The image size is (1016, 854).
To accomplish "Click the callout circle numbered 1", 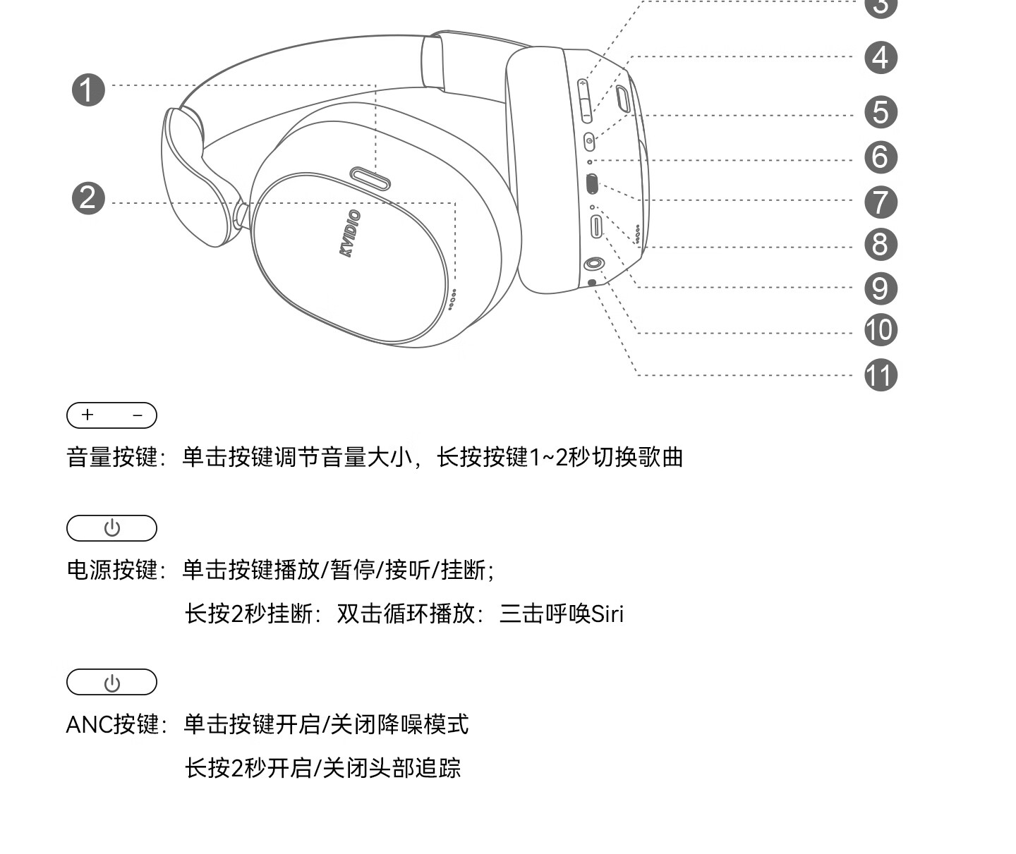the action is click(88, 91).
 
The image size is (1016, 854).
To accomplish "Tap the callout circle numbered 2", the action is click(88, 198).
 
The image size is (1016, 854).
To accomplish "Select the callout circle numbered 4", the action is click(881, 58).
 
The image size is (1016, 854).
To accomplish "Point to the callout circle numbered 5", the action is click(881, 113).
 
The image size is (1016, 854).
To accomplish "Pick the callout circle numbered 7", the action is click(881, 202).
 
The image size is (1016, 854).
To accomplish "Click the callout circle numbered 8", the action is click(881, 245).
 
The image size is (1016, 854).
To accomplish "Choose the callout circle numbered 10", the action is click(881, 330).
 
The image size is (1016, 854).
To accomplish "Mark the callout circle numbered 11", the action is click(881, 375).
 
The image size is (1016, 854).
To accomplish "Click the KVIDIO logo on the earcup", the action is click(350, 233).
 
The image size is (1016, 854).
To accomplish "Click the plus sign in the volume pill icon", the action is click(87, 415).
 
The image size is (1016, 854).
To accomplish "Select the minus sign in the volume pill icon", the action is click(138, 415).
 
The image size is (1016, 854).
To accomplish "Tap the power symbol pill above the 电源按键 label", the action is click(111, 528).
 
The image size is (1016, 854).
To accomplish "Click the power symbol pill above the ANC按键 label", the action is click(111, 683).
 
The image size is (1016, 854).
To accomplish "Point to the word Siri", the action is click(607, 614).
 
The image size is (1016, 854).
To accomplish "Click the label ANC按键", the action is click(113, 724).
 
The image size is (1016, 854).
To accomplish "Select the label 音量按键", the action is click(112, 457).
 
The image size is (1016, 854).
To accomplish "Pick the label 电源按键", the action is click(112, 569).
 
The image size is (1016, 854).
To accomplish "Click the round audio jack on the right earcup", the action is click(593, 264).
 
